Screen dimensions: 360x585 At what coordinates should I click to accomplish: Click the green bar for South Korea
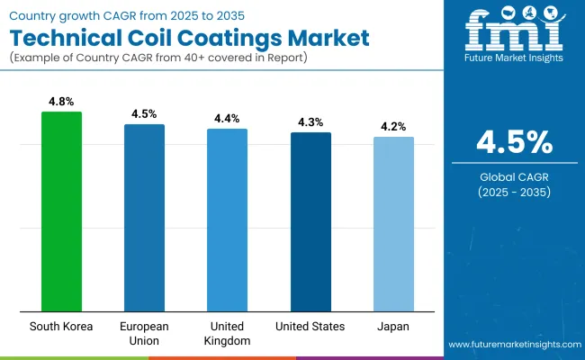[61, 211]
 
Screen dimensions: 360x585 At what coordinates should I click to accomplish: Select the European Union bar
[144, 218]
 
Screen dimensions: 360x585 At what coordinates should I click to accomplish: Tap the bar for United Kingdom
[227, 220]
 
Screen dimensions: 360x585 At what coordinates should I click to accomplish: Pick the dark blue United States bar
[310, 222]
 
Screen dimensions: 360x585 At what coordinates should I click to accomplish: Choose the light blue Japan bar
[393, 224]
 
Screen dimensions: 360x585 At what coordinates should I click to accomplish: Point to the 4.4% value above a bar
[227, 119]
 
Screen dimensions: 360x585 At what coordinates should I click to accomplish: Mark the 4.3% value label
[310, 122]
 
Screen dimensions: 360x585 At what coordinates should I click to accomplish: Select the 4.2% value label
[393, 127]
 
